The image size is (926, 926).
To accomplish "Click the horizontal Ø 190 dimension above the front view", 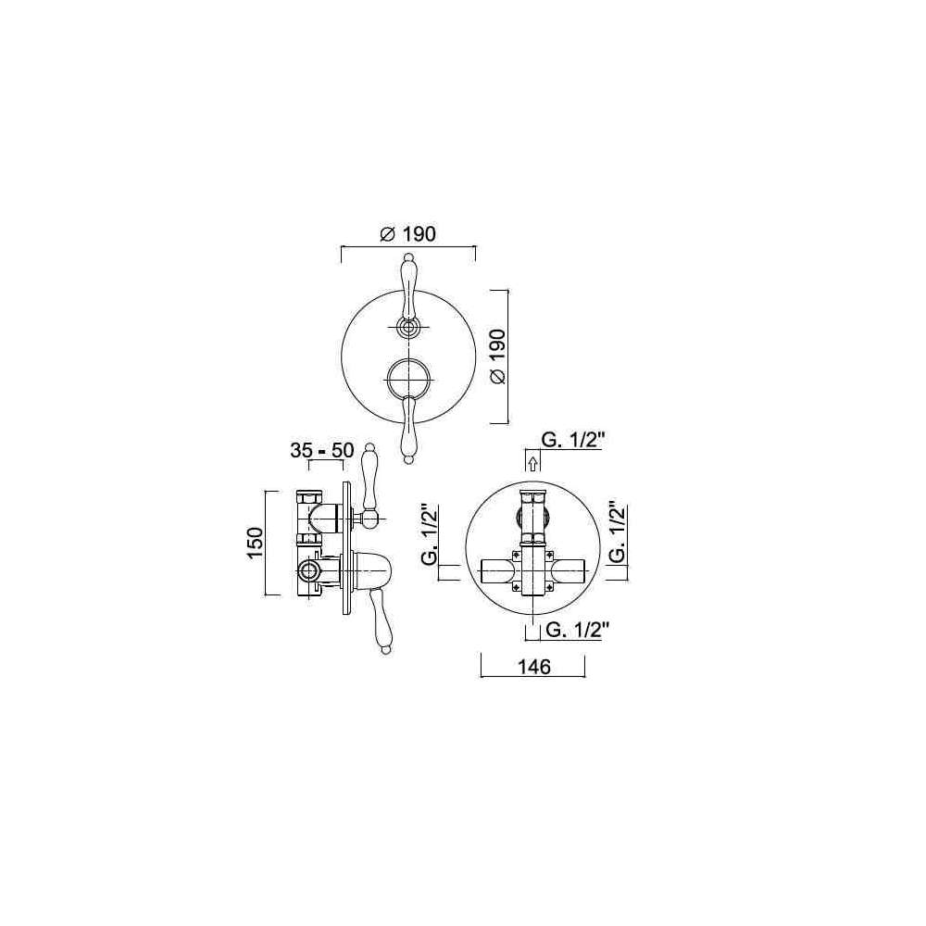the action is [x=407, y=234].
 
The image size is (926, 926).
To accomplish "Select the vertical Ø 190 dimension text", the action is [x=498, y=357].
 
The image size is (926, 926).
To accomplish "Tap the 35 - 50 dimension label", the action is [x=322, y=451].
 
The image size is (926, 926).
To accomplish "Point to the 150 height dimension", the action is [x=255, y=544].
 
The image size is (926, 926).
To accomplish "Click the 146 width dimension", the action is [x=534, y=667].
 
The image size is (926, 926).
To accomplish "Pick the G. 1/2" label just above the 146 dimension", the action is [x=577, y=630].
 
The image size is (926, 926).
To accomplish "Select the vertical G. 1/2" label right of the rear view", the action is [x=616, y=533].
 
